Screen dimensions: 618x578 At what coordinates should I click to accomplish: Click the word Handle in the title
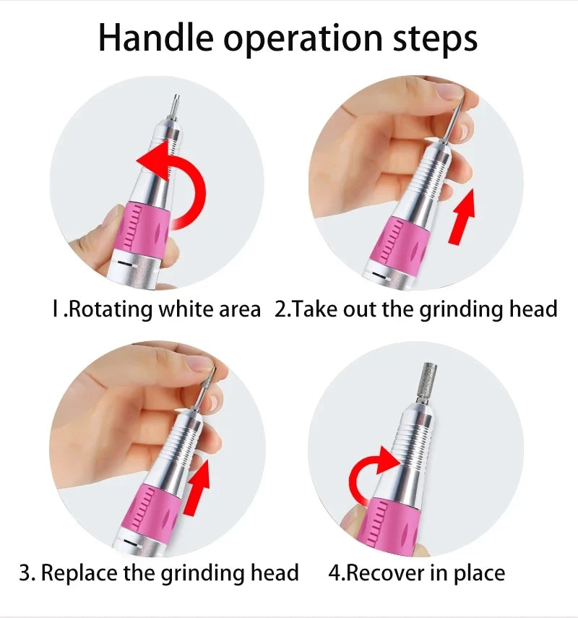155,38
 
